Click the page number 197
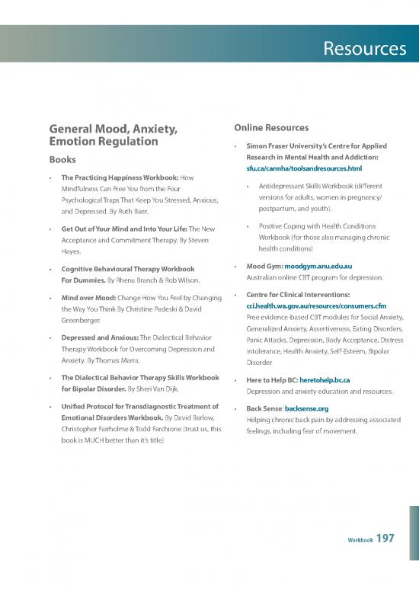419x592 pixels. click(385, 539)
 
